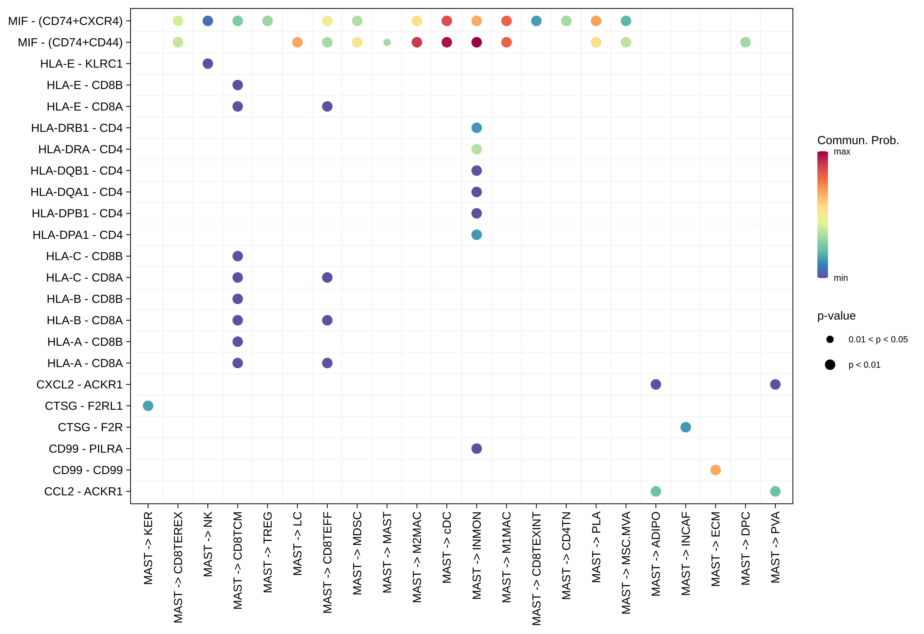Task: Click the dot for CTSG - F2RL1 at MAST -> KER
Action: point(148,406)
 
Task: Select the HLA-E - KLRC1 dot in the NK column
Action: point(208,64)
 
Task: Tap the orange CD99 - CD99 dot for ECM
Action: point(715,470)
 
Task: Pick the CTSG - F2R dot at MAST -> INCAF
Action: point(685,427)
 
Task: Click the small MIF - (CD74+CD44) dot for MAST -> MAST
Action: point(387,42)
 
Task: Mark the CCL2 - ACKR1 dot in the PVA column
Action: point(775,491)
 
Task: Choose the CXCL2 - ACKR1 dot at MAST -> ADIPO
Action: point(656,384)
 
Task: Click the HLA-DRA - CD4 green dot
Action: point(476,149)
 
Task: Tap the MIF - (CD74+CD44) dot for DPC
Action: point(745,42)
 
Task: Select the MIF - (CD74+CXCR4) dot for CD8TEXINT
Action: point(536,21)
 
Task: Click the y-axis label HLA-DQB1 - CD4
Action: point(77,171)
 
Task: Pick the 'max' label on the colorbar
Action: point(842,152)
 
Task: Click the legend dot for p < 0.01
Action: point(830,365)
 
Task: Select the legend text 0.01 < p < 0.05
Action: point(878,339)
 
